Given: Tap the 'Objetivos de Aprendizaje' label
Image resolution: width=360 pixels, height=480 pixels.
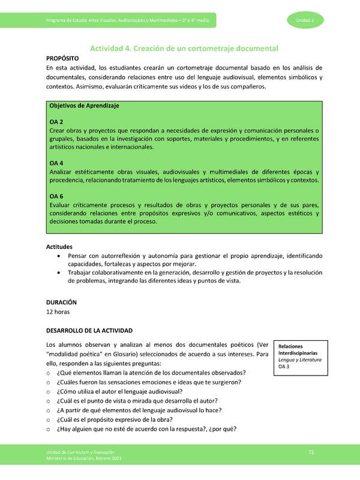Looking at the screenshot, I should coord(84,106).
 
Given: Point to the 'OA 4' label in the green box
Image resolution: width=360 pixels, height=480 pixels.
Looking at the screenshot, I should coord(56,163).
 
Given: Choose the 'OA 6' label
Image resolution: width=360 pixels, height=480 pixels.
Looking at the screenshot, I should coord(56,196).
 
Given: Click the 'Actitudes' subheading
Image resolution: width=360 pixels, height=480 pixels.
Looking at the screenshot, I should coord(59,247).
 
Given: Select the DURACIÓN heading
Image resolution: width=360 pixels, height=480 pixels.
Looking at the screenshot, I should coord(62,303).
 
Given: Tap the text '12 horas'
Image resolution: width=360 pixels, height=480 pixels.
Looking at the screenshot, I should coord(59,313).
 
